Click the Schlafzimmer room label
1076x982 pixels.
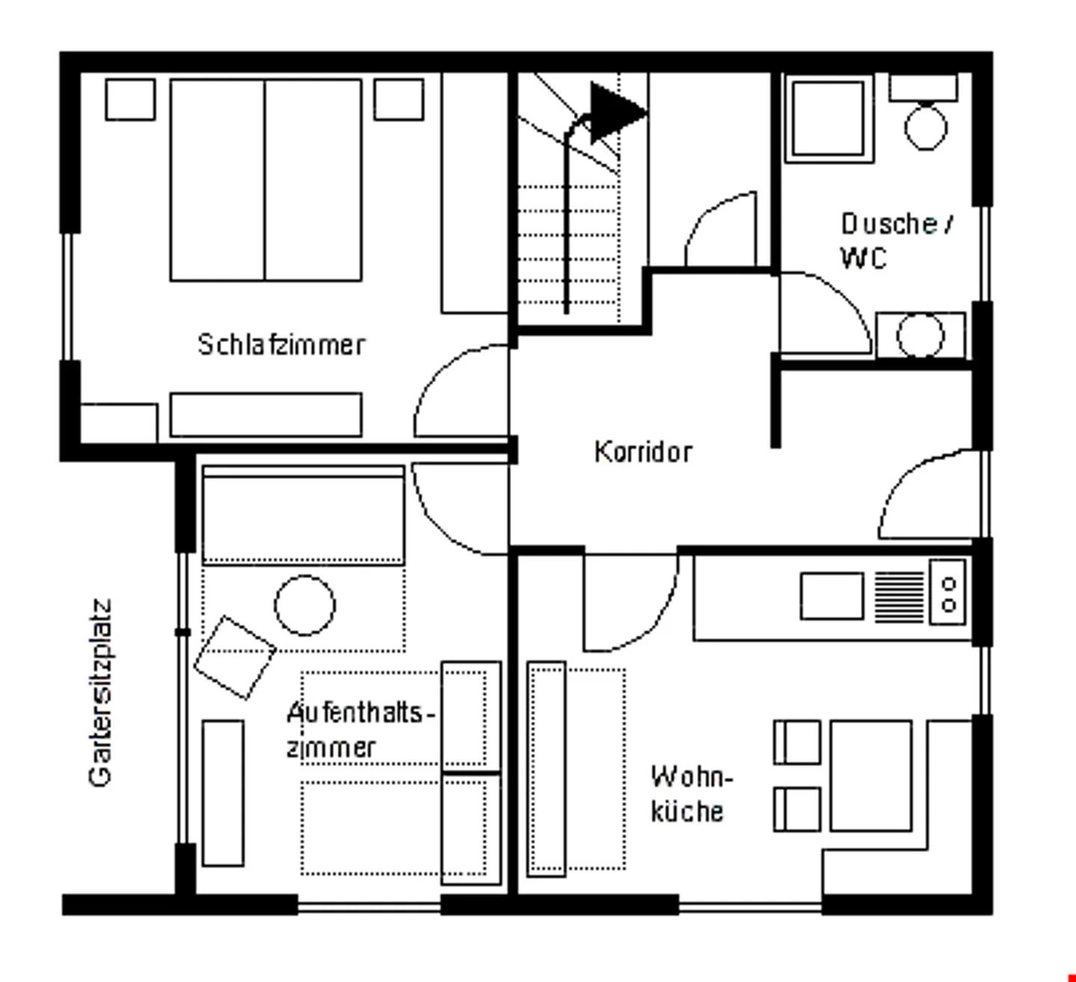click(281, 345)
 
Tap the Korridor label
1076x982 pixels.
click(643, 452)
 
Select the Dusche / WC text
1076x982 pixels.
click(895, 240)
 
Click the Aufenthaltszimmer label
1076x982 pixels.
click(359, 729)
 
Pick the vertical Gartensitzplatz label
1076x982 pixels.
click(100, 692)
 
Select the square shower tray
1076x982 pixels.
click(828, 119)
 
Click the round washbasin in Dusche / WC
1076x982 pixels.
click(920, 336)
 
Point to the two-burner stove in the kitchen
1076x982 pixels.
click(948, 593)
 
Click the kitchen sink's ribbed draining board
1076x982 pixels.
click(899, 596)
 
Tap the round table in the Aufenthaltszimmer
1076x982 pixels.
click(305, 605)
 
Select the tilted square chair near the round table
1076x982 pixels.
click(235, 658)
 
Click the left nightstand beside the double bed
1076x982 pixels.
click(130, 99)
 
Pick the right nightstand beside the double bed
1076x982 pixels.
click(398, 99)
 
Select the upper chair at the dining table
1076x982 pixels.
click(797, 742)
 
